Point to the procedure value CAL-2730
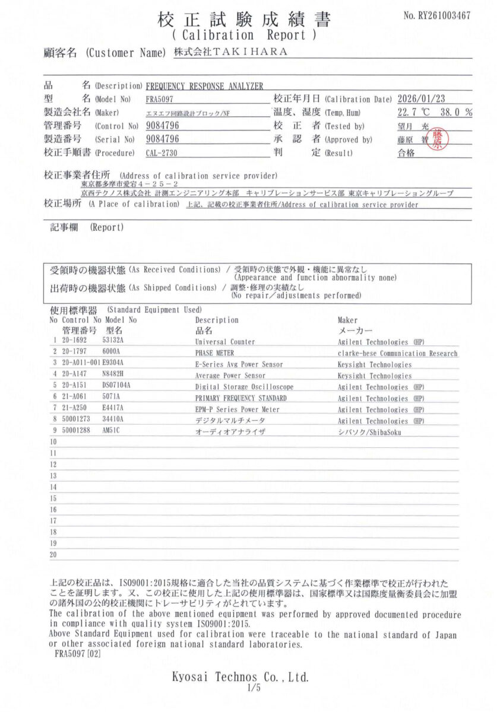(162, 152)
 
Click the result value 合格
(406, 152)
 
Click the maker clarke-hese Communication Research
(397, 353)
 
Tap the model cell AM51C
(112, 432)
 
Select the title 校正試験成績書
(244, 20)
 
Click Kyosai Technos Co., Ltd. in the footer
(240, 676)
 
